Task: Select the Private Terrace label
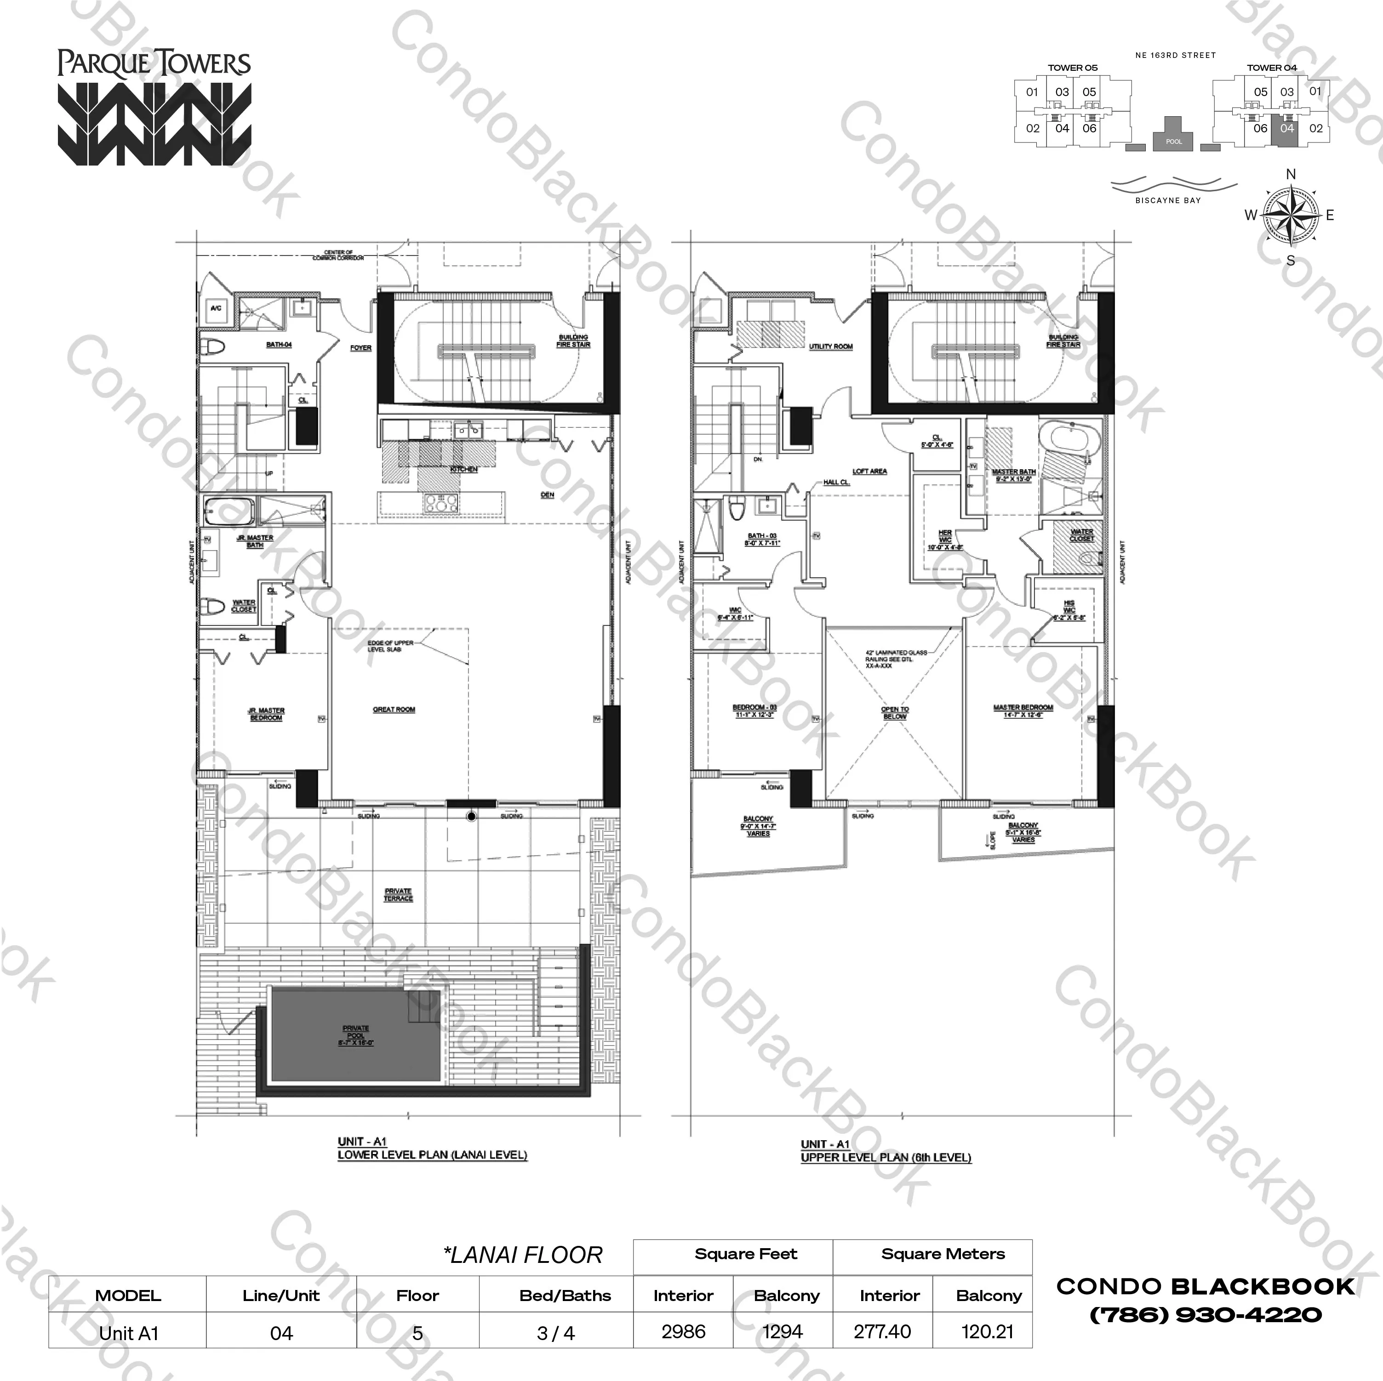pos(398,894)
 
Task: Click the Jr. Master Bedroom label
pos(266,713)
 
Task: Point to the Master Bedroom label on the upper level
pos(1023,710)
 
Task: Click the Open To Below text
pos(895,712)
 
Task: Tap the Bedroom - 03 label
pos(754,710)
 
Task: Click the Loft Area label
pos(870,471)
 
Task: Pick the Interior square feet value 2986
pos(684,1332)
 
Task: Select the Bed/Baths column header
pos(565,1295)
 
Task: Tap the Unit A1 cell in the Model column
pos(129,1333)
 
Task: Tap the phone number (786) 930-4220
pos(1206,1314)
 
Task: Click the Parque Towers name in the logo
pos(154,64)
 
